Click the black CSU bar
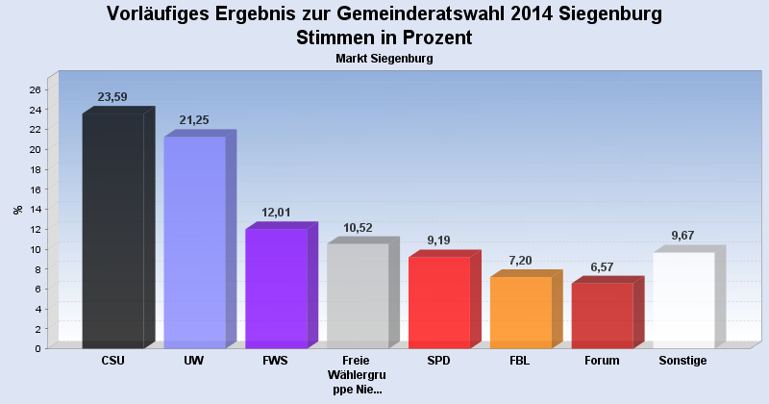112,231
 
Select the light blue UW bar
194,241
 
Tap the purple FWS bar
276,288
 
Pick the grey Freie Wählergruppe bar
358,295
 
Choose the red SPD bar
439,302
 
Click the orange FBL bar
521,312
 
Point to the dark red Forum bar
603,315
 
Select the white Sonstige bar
683,299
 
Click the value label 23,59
112,97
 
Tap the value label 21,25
194,120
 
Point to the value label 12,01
276,213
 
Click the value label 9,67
683,236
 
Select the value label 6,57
603,266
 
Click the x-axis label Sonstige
683,361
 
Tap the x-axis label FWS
276,361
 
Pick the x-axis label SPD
439,361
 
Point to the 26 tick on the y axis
35,89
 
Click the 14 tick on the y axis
35,209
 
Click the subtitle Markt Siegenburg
384,59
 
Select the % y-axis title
16,209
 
